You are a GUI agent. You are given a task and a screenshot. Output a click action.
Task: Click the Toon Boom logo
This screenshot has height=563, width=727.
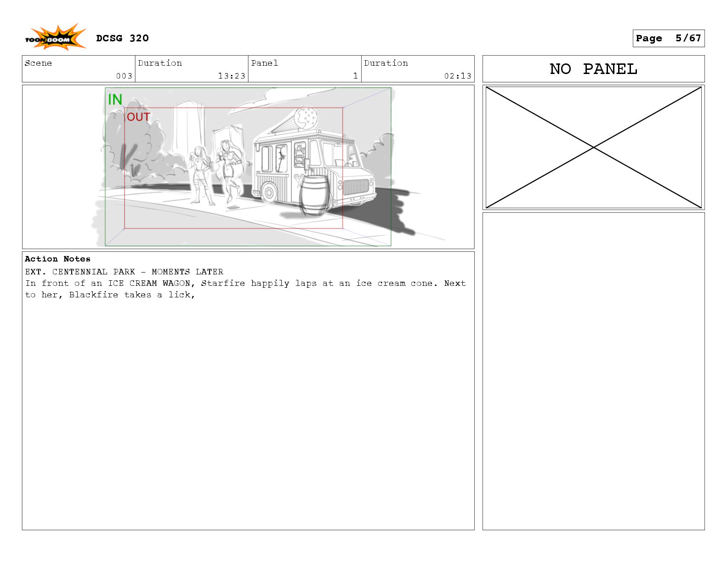point(55,37)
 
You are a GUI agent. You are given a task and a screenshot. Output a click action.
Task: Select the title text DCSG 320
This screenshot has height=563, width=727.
point(122,38)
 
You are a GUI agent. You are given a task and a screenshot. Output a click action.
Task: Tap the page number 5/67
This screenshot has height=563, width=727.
point(688,38)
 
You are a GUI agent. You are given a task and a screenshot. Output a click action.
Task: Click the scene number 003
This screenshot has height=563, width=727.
point(124,76)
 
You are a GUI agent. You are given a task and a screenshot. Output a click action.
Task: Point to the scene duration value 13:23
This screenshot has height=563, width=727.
point(232,76)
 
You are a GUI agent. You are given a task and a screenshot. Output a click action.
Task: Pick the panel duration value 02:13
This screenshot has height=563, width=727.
point(458,76)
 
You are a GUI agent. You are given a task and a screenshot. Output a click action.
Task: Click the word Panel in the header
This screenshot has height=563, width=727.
point(264,63)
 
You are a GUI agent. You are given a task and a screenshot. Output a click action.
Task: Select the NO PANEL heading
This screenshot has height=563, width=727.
point(593,69)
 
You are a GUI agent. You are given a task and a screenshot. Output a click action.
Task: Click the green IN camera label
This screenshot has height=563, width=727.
point(115,99)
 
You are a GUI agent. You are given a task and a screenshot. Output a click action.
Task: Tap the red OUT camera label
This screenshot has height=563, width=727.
point(138,117)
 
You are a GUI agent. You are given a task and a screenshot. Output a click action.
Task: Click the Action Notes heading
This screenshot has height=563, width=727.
point(57,259)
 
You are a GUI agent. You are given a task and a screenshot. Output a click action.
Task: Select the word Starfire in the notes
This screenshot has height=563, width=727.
point(223,283)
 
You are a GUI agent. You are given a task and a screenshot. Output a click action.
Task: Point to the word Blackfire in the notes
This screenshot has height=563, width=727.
point(93,295)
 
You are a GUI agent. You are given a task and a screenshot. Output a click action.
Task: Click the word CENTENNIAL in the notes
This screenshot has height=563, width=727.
point(80,271)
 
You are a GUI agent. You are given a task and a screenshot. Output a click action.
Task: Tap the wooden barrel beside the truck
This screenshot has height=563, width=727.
point(314,195)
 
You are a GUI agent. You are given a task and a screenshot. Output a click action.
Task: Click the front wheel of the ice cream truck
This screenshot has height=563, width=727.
point(269,193)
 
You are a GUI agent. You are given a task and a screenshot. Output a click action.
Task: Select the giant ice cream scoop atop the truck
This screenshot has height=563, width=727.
point(306,117)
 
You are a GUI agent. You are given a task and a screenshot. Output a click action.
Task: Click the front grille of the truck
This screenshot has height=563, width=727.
point(356,187)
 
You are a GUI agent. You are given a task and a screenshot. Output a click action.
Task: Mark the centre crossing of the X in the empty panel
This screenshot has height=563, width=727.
point(594,147)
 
